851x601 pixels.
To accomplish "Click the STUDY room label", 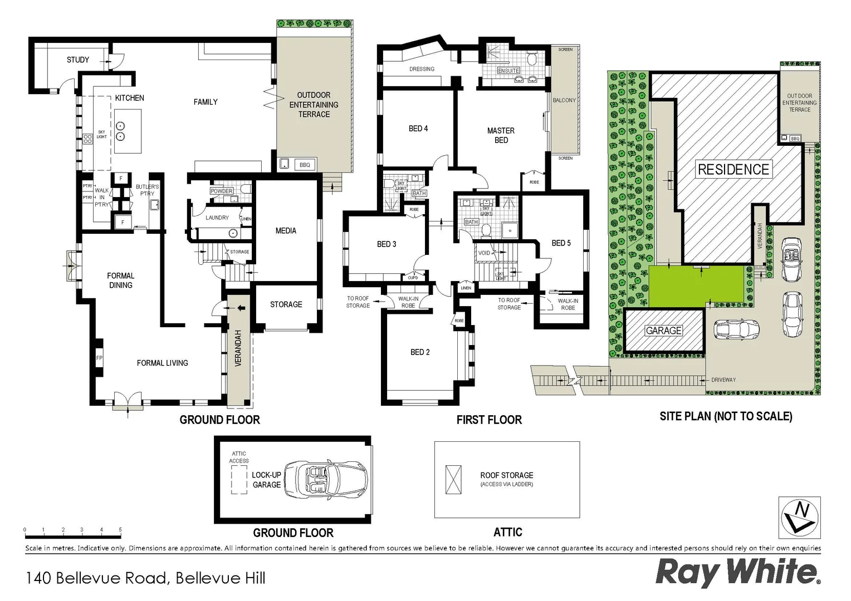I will (x=78, y=60).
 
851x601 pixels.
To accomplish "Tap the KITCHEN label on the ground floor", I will (x=129, y=98).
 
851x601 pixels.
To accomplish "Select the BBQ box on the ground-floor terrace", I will (x=305, y=165).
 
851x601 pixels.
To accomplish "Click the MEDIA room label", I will (x=286, y=230).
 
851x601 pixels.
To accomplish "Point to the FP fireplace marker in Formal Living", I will (x=99, y=358).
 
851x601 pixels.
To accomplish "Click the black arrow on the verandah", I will (x=241, y=308).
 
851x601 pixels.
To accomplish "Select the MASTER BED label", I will (x=501, y=135).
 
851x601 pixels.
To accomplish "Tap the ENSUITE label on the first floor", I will (x=508, y=71).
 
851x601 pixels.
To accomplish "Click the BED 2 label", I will (x=420, y=352).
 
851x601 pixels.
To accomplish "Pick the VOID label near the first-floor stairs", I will (x=484, y=253).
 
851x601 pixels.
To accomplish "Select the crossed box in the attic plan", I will (x=454, y=479).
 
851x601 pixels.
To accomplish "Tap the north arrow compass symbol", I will (x=800, y=516).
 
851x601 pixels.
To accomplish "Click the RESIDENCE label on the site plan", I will (x=733, y=170).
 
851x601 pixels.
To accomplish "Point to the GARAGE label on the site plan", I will (x=663, y=331).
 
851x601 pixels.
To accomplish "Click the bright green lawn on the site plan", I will (x=696, y=285).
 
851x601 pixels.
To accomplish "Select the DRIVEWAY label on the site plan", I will (x=723, y=380).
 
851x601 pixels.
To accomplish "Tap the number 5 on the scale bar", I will (x=120, y=530).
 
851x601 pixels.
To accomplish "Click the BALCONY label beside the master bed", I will (x=564, y=100).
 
